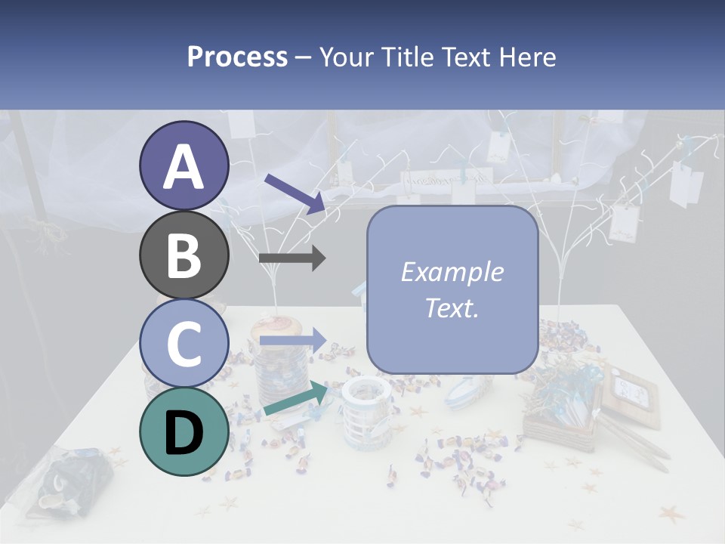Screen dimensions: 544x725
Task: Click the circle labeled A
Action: pyautogui.click(x=184, y=166)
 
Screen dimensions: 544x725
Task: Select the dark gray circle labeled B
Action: pyautogui.click(x=184, y=255)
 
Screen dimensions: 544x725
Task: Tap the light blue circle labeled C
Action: pyautogui.click(x=184, y=344)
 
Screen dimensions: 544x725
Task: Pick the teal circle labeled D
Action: pyautogui.click(x=184, y=431)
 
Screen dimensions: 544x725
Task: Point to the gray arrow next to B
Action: pyautogui.click(x=292, y=258)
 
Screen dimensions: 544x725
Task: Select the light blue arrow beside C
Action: pyautogui.click(x=292, y=341)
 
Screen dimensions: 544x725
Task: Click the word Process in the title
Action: pyautogui.click(x=237, y=57)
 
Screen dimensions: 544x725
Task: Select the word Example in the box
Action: pyautogui.click(x=452, y=272)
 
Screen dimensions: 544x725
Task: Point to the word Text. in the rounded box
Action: pyautogui.click(x=452, y=308)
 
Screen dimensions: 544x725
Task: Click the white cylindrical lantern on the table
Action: pyautogui.click(x=366, y=412)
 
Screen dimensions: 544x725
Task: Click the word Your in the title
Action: pyautogui.click(x=344, y=57)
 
